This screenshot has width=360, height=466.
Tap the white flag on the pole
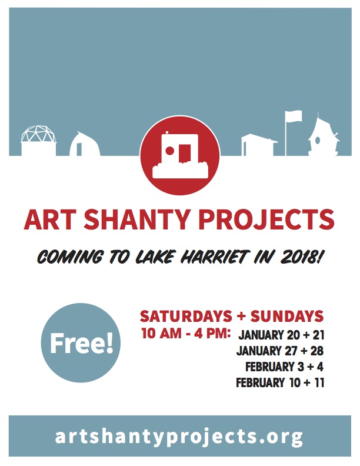[294, 116]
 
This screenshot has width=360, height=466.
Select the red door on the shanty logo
[185, 153]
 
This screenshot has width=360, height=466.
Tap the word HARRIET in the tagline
[214, 257]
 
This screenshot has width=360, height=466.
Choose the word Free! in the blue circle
[81, 343]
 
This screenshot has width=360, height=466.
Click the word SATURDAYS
[186, 316]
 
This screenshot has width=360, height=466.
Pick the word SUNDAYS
[287, 316]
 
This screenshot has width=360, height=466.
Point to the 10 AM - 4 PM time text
[186, 333]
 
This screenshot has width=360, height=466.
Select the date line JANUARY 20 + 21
[281, 335]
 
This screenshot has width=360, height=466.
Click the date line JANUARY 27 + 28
[280, 351]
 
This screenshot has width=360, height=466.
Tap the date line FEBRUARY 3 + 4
[284, 367]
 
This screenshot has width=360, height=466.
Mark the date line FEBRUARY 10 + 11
[280, 382]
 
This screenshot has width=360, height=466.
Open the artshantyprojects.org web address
[179, 436]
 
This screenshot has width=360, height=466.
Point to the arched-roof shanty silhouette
[85, 144]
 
